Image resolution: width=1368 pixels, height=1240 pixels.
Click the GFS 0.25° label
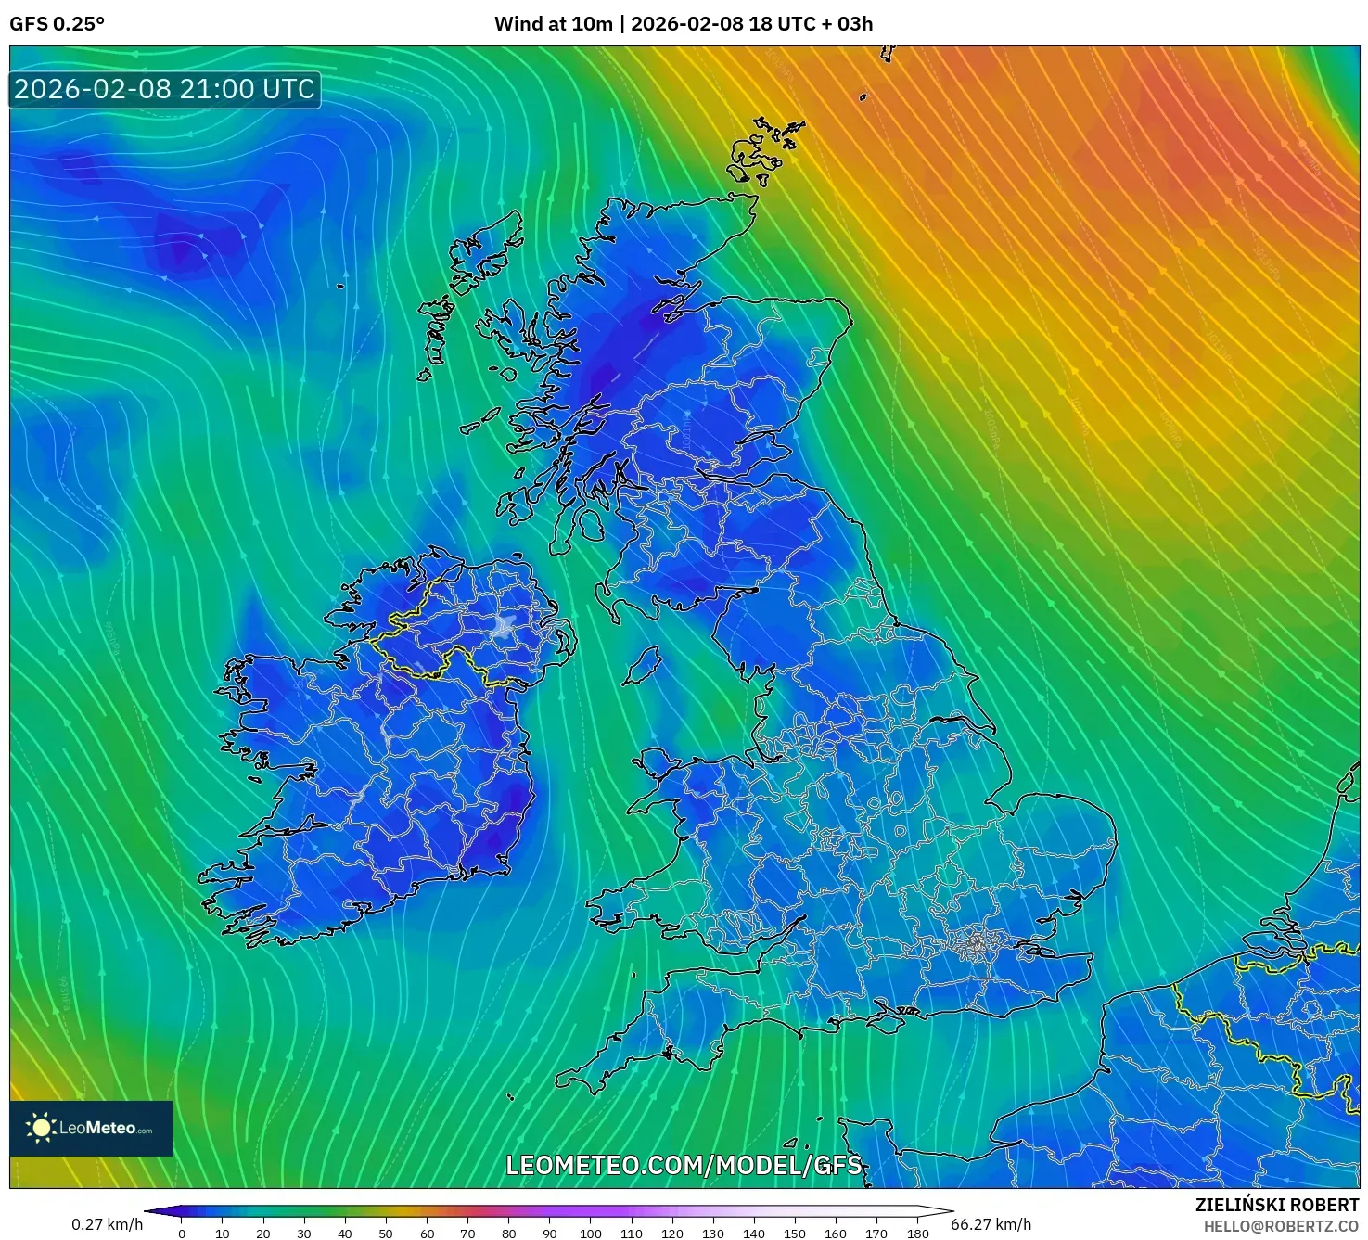point(57,24)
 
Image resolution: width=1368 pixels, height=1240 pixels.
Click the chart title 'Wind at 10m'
point(553,24)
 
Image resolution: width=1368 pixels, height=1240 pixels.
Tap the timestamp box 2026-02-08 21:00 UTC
point(165,89)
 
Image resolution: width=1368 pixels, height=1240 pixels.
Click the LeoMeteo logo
point(91,1128)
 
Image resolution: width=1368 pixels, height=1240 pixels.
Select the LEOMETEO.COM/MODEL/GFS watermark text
point(684,1165)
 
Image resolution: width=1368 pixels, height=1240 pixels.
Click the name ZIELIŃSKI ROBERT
point(1276,1205)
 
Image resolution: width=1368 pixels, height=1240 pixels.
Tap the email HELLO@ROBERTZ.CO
point(1281,1226)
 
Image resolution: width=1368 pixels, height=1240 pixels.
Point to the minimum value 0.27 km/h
point(108,1224)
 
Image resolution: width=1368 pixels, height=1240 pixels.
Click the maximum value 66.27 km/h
point(991,1224)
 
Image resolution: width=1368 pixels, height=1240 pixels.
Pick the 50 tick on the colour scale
point(386,1234)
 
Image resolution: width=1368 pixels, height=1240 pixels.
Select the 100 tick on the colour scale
point(590,1234)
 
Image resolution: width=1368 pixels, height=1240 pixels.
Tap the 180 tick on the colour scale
point(917,1234)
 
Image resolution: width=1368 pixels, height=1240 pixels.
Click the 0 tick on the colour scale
point(182,1234)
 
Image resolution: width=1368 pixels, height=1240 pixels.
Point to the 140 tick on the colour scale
point(754,1234)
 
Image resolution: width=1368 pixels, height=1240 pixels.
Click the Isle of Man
point(643,665)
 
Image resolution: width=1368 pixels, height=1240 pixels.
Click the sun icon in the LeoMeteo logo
point(41,1128)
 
